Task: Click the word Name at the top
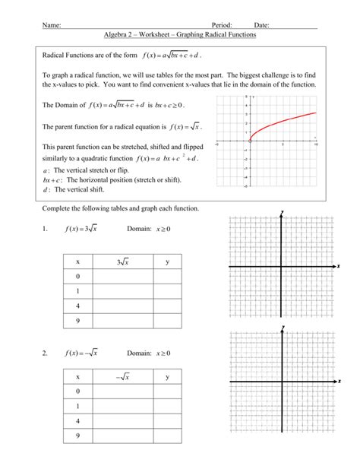(52, 25)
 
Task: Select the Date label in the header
(262, 25)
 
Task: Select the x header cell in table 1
(77, 262)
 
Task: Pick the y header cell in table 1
(167, 262)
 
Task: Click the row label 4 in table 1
(77, 305)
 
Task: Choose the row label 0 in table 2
(77, 392)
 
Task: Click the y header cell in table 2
(167, 377)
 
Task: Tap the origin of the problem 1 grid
(281, 266)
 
